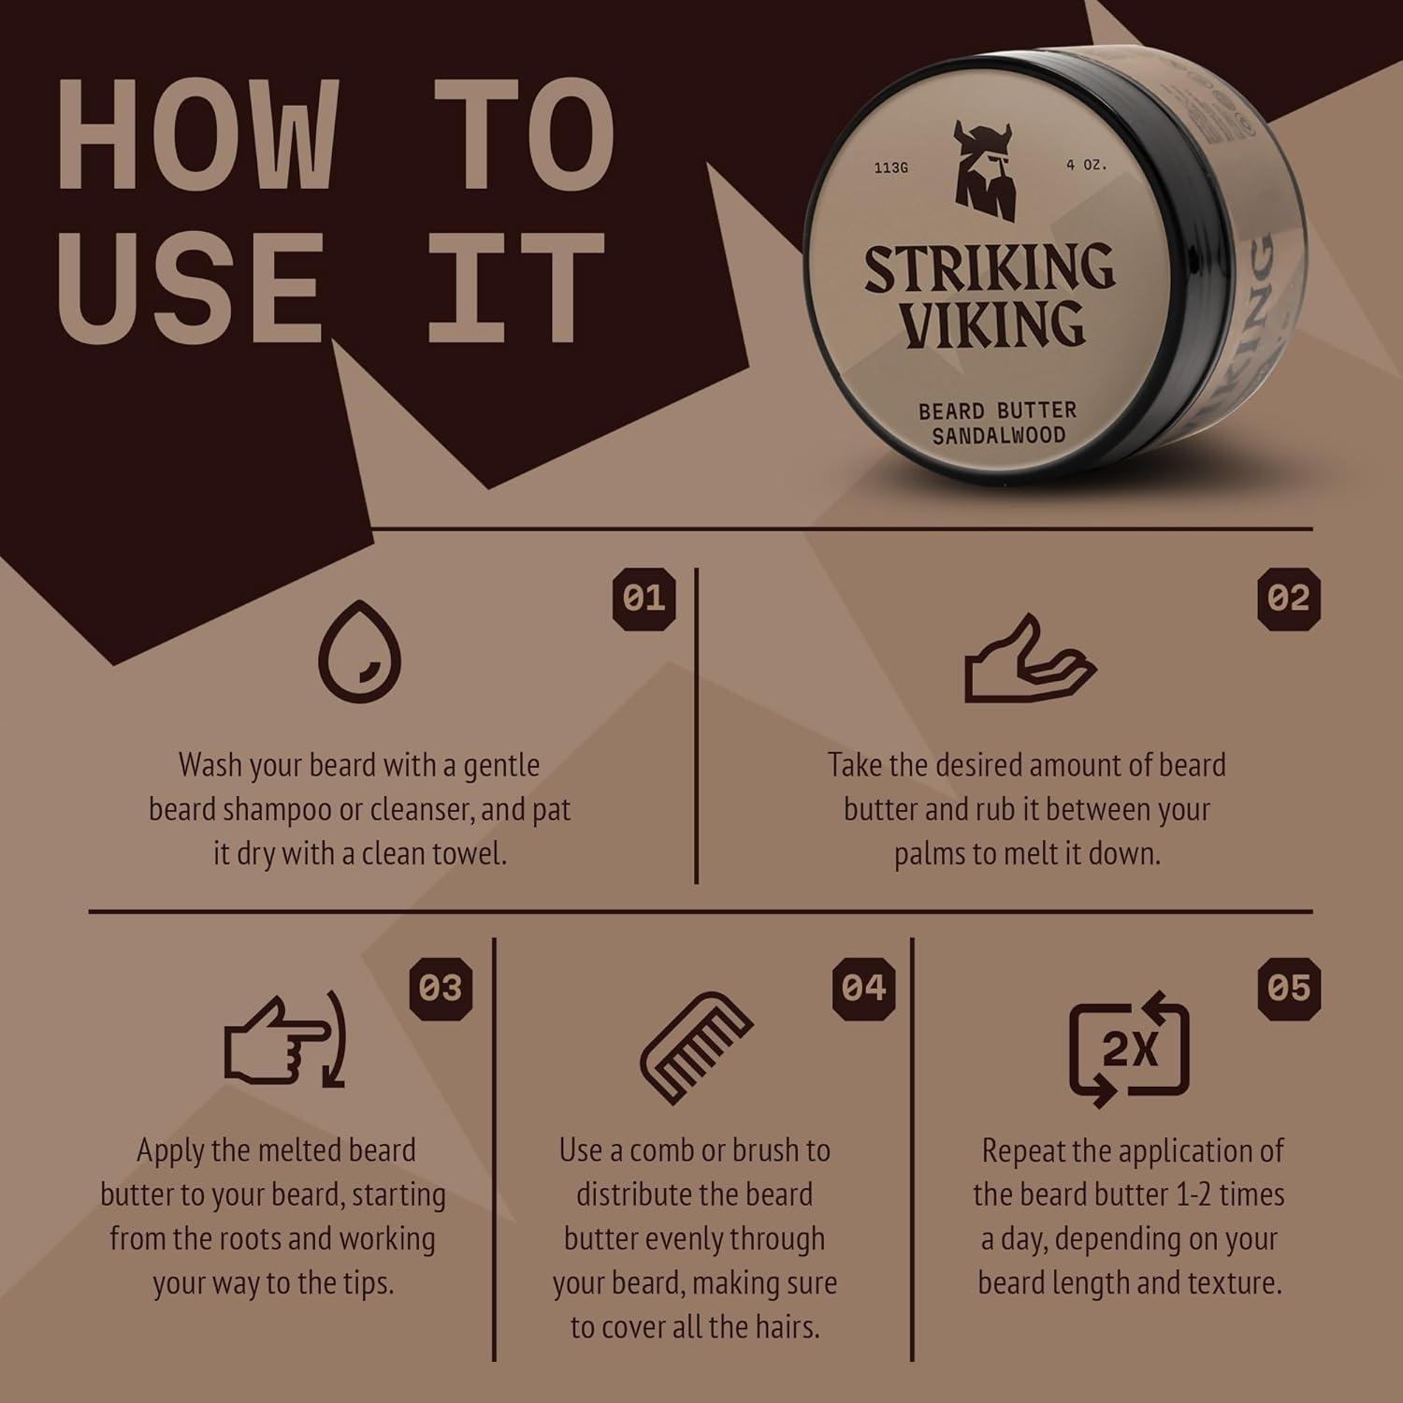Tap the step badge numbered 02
pyautogui.click(x=1289, y=599)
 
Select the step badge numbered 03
pyautogui.click(x=441, y=989)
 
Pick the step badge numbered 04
pyautogui.click(x=863, y=989)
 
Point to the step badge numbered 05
pyautogui.click(x=1289, y=989)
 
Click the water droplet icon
pyautogui.click(x=360, y=650)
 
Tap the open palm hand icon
pyautogui.click(x=1029, y=659)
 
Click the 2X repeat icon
pyautogui.click(x=1130, y=1048)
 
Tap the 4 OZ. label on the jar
pyautogui.click(x=1086, y=165)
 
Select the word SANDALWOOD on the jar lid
pyautogui.click(x=998, y=435)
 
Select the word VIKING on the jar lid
pyautogui.click(x=993, y=324)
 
